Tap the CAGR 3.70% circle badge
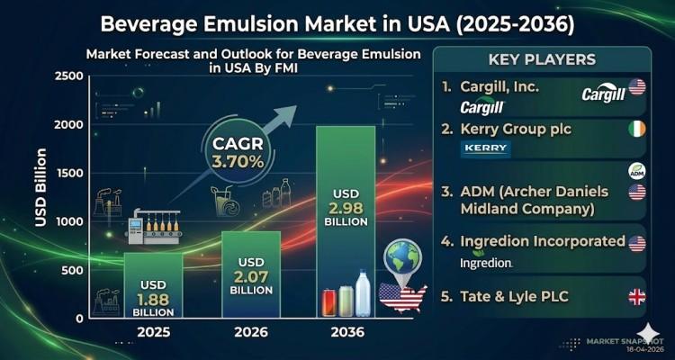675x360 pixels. [x=238, y=153]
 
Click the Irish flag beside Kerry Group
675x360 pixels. [x=637, y=129]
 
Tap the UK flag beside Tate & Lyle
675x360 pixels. [x=637, y=297]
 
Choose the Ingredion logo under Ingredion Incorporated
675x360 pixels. [x=486, y=263]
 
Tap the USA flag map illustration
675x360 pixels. [x=401, y=297]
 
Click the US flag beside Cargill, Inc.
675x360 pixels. [x=637, y=87]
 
